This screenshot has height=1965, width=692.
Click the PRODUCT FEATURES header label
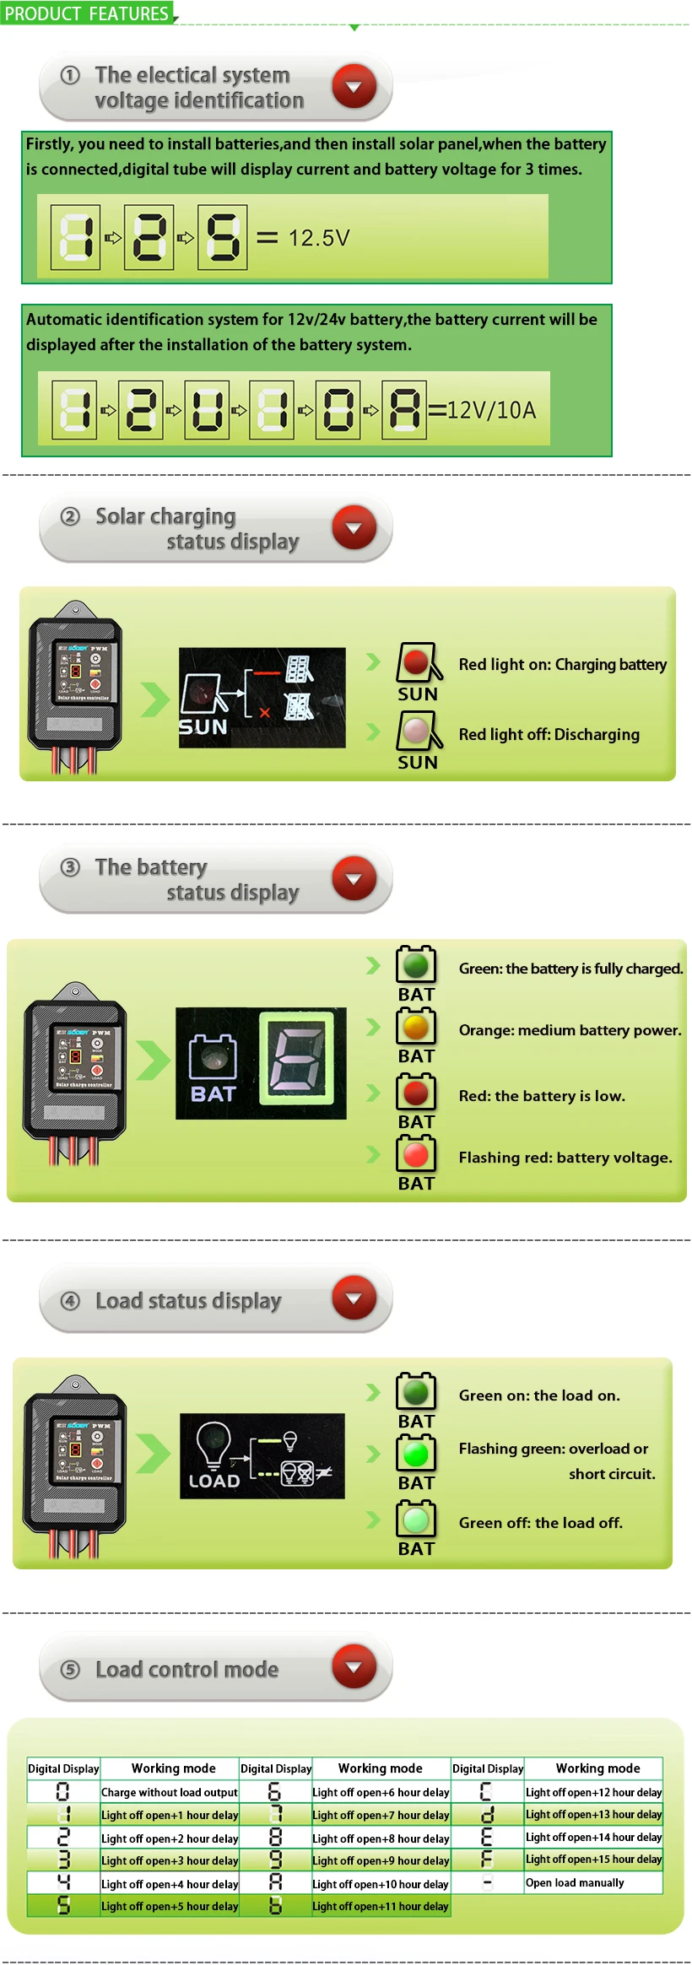pyautogui.click(x=87, y=13)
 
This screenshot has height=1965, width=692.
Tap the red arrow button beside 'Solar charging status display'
pyautogui.click(x=354, y=527)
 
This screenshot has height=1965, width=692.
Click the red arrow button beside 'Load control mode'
pyautogui.click(x=354, y=1666)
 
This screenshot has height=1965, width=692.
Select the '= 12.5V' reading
pyautogui.click(x=303, y=238)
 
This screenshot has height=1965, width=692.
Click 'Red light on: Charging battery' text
pyautogui.click(x=563, y=665)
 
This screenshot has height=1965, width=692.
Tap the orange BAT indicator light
pyautogui.click(x=416, y=1027)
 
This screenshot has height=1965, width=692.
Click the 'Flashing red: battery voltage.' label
pyautogui.click(x=565, y=1158)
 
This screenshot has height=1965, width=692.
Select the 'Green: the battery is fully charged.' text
pyautogui.click(x=570, y=969)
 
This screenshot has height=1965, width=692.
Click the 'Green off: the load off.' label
pyautogui.click(x=541, y=1523)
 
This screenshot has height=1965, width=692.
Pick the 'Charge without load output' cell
pyautogui.click(x=170, y=1792)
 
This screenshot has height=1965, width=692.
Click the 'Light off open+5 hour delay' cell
pyautogui.click(x=170, y=1906)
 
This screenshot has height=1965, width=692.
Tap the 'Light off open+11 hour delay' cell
pyautogui.click(x=381, y=1906)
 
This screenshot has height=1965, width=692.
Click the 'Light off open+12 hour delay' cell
pyautogui.click(x=594, y=1792)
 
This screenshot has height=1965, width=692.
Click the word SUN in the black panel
pyautogui.click(x=203, y=727)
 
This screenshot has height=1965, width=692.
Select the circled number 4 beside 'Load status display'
pyautogui.click(x=71, y=1301)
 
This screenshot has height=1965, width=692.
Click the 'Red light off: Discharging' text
pyautogui.click(x=549, y=735)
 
